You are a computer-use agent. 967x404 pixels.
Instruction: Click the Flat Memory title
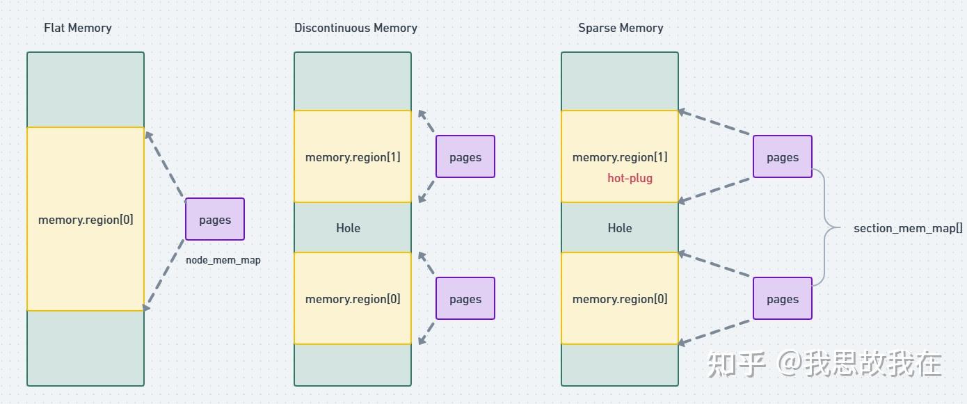(x=77, y=28)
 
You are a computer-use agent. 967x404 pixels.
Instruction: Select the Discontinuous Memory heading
(x=355, y=28)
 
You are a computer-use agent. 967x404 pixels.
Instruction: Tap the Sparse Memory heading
(x=621, y=28)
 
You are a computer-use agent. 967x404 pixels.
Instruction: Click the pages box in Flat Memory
(x=215, y=220)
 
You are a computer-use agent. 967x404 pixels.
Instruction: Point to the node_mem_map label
(x=223, y=260)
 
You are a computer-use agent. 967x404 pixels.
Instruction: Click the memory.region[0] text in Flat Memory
(x=86, y=220)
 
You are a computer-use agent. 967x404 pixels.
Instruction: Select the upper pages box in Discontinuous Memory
(x=465, y=157)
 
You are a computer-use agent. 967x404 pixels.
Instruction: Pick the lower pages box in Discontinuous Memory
(x=465, y=299)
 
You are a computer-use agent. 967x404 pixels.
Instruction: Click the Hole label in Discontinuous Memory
(x=348, y=228)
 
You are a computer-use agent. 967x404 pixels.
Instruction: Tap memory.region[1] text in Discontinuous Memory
(x=353, y=157)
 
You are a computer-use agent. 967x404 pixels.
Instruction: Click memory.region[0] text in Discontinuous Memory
(x=353, y=299)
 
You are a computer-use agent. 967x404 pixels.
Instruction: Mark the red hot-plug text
(x=630, y=178)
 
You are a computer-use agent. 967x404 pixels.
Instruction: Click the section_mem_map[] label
(x=908, y=228)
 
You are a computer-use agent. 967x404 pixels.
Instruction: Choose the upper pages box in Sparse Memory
(x=783, y=157)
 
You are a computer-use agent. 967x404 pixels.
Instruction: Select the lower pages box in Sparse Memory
(x=783, y=299)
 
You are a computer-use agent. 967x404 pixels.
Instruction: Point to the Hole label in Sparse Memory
(x=620, y=228)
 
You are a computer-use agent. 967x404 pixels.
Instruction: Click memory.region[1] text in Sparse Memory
(x=620, y=157)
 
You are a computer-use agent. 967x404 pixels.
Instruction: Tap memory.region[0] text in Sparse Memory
(x=620, y=299)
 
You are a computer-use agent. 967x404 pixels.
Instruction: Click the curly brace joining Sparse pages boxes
(x=826, y=227)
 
